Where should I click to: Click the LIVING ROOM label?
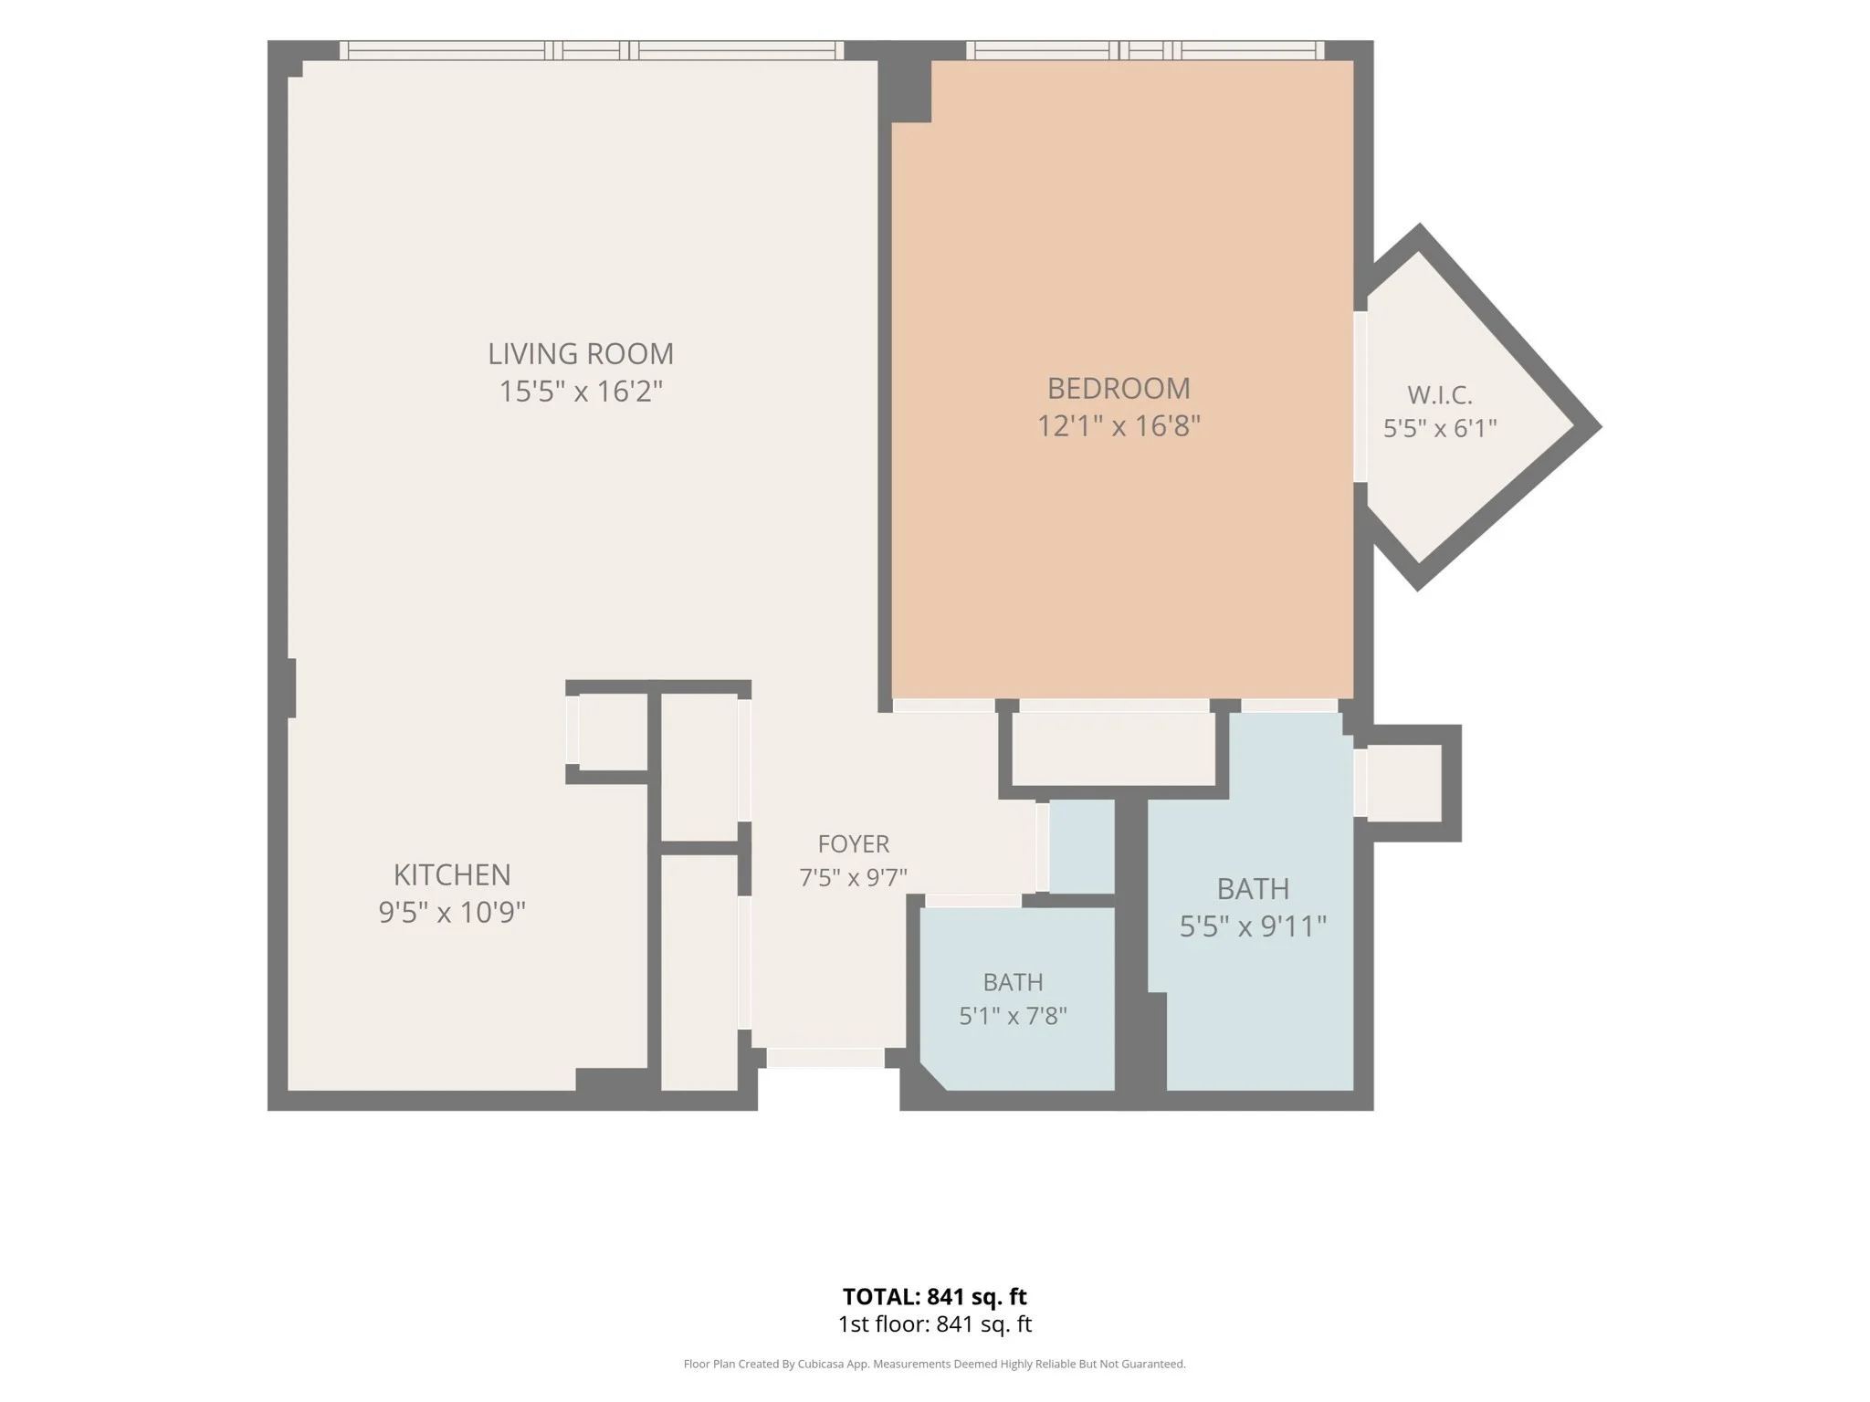click(581, 353)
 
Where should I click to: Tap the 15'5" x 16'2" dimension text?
click(581, 392)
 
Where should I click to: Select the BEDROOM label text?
click(1119, 389)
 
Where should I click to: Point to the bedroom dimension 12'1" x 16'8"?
click(1119, 426)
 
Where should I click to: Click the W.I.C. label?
click(1440, 395)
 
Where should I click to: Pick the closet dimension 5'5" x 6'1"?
click(1440, 428)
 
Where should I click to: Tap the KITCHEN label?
click(452, 874)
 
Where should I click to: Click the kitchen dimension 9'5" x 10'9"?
click(452, 912)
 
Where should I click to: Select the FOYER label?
click(854, 843)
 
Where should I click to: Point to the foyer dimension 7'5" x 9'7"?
click(854, 877)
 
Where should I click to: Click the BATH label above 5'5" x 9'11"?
click(1253, 888)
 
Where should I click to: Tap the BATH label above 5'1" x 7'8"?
click(1014, 982)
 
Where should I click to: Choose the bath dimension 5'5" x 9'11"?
click(1253, 926)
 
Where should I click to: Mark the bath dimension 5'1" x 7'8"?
click(1014, 1016)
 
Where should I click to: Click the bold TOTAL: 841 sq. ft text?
click(935, 1297)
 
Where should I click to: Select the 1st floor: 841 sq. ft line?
click(935, 1324)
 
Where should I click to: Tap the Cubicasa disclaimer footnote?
click(935, 1365)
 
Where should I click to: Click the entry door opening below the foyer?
click(825, 1058)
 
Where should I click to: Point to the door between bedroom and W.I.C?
click(1360, 397)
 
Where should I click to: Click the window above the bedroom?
click(1145, 50)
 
